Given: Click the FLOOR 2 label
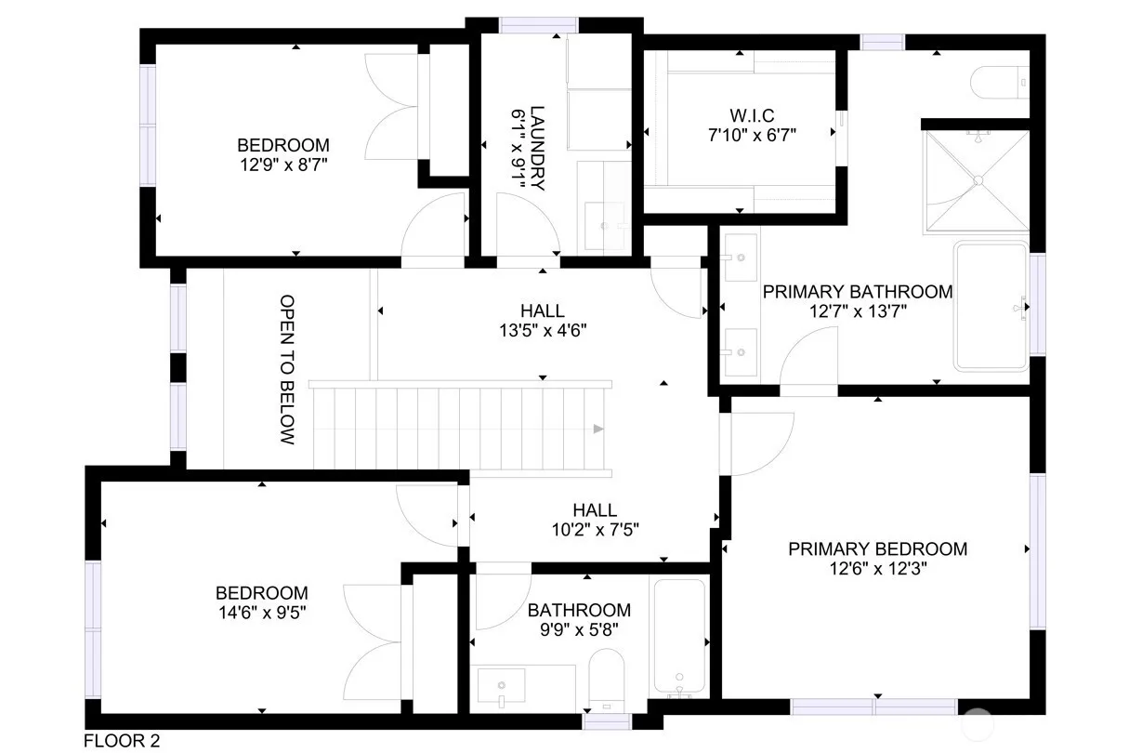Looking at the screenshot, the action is point(122,740).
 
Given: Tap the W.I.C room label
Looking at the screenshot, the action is point(752,115).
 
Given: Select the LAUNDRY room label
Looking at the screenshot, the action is point(537,149).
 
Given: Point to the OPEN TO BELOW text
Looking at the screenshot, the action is point(287,369).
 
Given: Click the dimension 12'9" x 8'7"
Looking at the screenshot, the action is point(283,165).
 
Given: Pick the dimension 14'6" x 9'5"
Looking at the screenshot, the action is point(262,613).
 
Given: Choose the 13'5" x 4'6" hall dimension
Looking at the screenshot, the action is point(543,330).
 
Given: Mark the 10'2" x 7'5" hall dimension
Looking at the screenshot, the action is point(596,530).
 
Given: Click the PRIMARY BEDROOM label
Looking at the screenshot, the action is point(877,548).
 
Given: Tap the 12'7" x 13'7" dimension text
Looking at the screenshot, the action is point(858,311).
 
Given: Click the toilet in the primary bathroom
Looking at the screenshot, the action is point(1000,82).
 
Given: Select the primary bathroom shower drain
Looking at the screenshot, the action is point(978,180).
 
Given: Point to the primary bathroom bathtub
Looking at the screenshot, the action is point(991,306).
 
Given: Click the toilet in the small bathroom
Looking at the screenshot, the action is point(607,680).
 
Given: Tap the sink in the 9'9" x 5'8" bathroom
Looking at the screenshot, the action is point(501,685).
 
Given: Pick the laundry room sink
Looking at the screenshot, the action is point(604,226).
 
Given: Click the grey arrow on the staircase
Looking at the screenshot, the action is point(598,429).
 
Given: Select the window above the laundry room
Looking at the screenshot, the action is point(538,25).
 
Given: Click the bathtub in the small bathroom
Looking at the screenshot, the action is point(679,637).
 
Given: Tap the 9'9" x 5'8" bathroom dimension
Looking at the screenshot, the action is point(579,629).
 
